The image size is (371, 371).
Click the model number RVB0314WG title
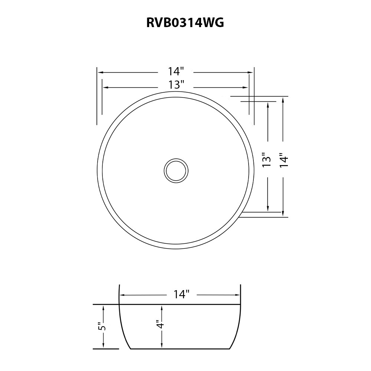point(185,23)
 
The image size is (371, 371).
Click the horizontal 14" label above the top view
point(176,71)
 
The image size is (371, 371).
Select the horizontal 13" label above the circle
point(176,85)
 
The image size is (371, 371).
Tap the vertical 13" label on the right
point(267,160)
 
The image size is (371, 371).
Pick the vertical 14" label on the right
point(284,160)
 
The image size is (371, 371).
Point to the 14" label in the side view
point(181,294)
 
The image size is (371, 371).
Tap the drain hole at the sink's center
point(176,171)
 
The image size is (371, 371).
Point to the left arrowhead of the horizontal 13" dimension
point(105,88)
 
